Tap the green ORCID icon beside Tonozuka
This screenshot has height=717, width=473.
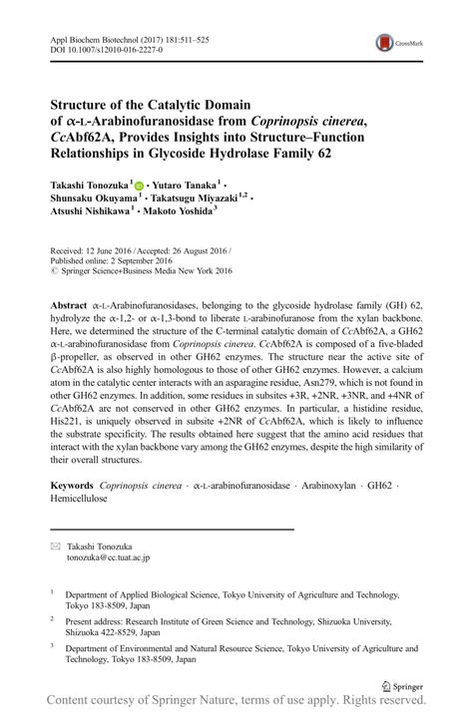139,185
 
